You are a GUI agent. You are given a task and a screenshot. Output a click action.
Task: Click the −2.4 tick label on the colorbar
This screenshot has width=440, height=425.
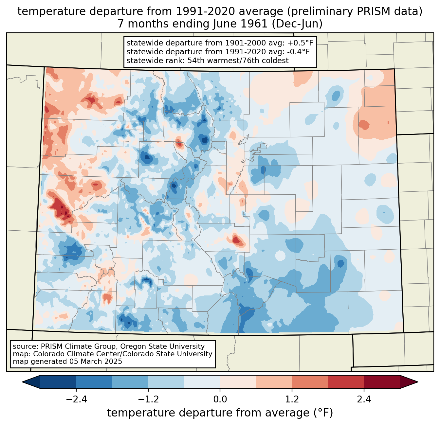(76, 399)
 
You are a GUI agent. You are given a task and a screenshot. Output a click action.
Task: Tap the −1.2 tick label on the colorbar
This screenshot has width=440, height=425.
(148, 399)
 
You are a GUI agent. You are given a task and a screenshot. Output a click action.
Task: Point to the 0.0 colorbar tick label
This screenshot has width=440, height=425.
(220, 399)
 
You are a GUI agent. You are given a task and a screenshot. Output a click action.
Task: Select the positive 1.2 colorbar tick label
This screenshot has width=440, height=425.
(292, 399)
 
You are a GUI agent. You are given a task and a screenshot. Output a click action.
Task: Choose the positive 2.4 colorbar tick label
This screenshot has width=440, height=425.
(364, 399)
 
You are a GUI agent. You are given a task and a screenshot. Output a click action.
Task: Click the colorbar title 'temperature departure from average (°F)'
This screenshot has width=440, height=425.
(220, 413)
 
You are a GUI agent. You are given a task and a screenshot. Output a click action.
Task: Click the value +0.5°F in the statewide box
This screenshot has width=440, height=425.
(300, 43)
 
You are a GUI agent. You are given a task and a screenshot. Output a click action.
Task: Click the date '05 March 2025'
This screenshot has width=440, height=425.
(95, 362)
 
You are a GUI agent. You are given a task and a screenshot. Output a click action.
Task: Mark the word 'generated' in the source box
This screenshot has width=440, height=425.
(51, 362)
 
